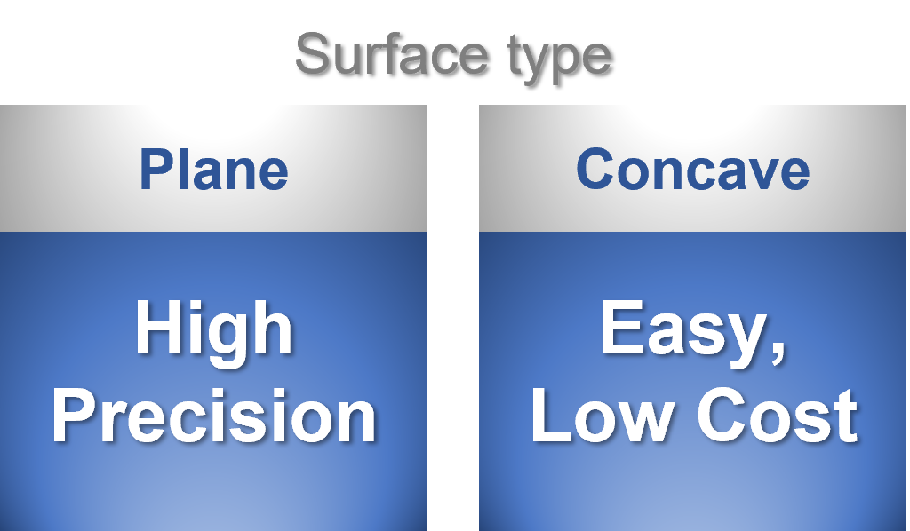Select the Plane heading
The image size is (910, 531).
(x=213, y=169)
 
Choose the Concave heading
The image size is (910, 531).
(x=692, y=169)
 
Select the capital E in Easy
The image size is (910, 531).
(x=620, y=329)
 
